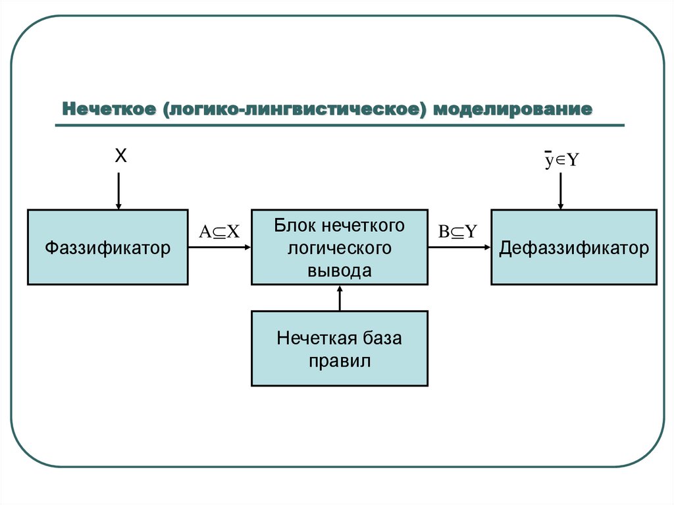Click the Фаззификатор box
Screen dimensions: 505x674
coord(107,247)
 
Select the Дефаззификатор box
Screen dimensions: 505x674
coord(573,247)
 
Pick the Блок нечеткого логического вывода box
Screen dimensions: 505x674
coord(339,247)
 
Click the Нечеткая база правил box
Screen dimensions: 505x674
coord(339,348)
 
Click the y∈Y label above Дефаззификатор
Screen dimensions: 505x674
coord(560,160)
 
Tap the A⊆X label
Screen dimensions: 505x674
coord(219,231)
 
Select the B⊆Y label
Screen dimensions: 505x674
coord(457,231)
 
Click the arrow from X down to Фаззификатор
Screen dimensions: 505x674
coord(118,191)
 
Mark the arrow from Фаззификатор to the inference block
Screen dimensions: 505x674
coord(219,248)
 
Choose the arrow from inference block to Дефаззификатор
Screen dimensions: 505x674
coord(459,248)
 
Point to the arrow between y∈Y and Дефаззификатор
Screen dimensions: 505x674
coord(560,191)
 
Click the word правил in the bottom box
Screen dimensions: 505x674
coord(339,361)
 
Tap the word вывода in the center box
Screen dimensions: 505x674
coord(339,270)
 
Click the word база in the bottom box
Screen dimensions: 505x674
coord(381,338)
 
